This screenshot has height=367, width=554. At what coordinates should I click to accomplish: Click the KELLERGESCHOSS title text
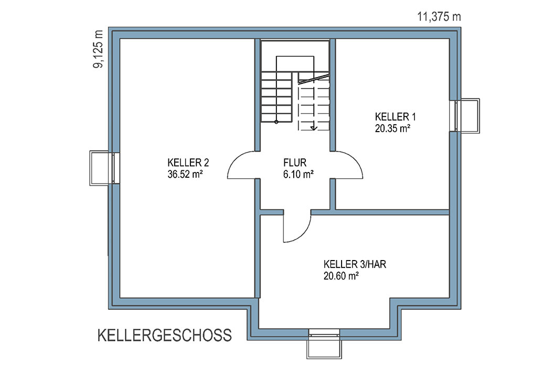pyautogui.click(x=165, y=335)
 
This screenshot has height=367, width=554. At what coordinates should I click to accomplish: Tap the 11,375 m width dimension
pyautogui.click(x=439, y=17)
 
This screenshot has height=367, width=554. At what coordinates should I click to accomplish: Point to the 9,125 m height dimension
pyautogui.click(x=98, y=49)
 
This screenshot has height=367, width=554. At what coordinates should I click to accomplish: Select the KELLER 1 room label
pyautogui.click(x=396, y=116)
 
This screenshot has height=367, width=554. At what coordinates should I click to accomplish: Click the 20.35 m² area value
pyautogui.click(x=392, y=128)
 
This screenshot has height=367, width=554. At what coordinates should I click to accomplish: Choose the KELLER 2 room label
pyautogui.click(x=188, y=163)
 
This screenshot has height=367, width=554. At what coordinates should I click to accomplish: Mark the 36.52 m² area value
pyautogui.click(x=185, y=174)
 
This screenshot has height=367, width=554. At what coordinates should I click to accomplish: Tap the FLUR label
pyautogui.click(x=295, y=163)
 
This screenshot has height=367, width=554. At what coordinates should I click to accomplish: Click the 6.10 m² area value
pyautogui.click(x=299, y=174)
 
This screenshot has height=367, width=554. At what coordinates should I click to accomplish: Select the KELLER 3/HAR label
pyautogui.click(x=355, y=264)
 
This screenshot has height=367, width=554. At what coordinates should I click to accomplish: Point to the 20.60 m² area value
pyautogui.click(x=341, y=276)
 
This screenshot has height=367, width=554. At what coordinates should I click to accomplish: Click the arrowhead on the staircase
pyautogui.click(x=313, y=128)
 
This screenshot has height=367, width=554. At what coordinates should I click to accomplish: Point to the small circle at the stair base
pyautogui.click(x=276, y=122)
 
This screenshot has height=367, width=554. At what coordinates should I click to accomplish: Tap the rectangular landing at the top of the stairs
pyautogui.click(x=295, y=63)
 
